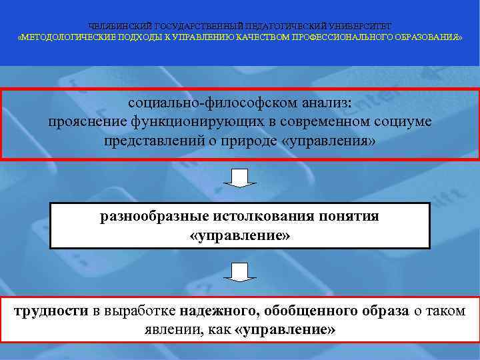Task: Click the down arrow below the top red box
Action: coord(239,178)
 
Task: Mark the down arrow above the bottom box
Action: coord(239,271)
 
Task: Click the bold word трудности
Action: coord(51,311)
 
